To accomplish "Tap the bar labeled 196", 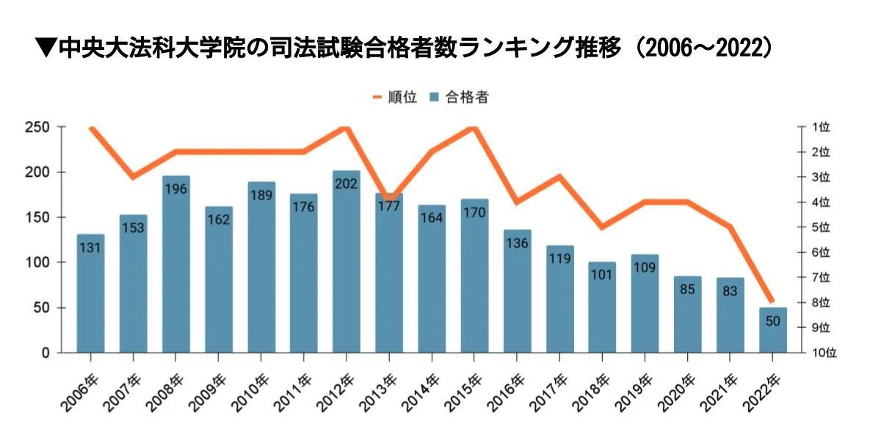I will [176, 264].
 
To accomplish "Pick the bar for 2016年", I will [517, 293].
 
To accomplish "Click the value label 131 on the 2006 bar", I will [91, 248].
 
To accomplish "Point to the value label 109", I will [645, 268].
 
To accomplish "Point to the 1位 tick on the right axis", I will [821, 128].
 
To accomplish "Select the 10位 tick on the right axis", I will [824, 353].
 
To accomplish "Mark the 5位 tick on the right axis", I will [821, 227].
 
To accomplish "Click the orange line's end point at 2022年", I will [772, 301].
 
